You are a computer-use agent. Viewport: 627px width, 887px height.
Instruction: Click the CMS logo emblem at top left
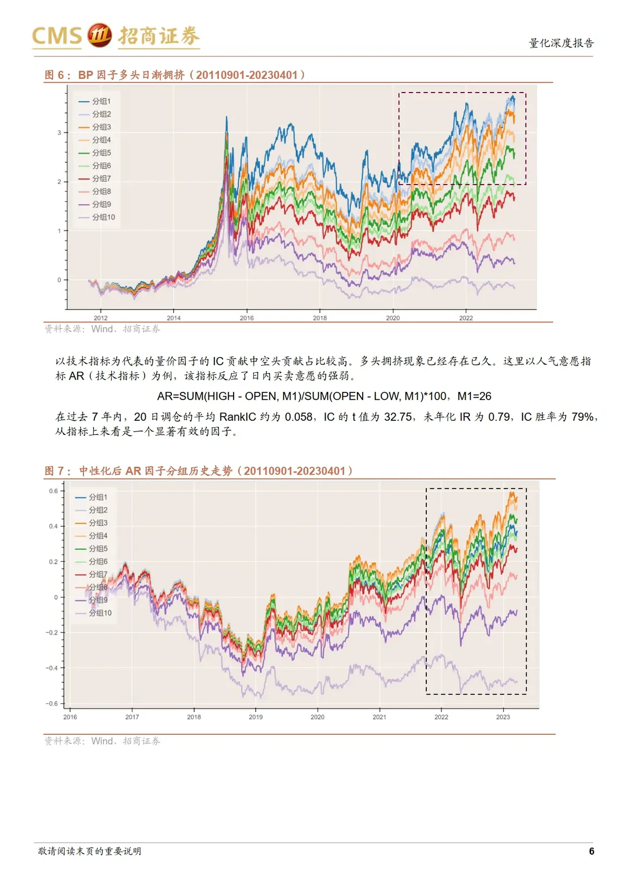99,35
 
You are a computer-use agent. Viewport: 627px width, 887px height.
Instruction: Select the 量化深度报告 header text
561,43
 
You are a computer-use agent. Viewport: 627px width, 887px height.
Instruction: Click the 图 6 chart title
175,75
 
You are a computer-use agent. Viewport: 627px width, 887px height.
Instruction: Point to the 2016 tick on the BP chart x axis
247,318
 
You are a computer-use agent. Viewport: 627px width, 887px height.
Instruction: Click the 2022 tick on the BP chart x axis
466,318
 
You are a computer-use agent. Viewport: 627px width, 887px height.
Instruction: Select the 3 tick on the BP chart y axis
60,133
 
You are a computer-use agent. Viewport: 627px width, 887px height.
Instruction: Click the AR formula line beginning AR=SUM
324,396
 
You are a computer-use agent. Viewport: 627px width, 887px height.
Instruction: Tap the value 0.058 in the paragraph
300,417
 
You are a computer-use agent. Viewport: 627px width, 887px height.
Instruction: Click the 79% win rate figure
583,417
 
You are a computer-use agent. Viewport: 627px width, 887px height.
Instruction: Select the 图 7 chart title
199,471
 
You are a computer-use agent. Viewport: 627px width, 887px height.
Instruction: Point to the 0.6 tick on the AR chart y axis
54,491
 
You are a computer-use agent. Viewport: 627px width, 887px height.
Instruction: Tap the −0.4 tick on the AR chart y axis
52,668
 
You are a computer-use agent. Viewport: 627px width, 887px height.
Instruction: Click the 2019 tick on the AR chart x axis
256,717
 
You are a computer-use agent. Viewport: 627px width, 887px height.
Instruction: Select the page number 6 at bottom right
591,851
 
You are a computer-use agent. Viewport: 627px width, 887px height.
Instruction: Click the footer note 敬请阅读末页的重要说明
90,851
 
